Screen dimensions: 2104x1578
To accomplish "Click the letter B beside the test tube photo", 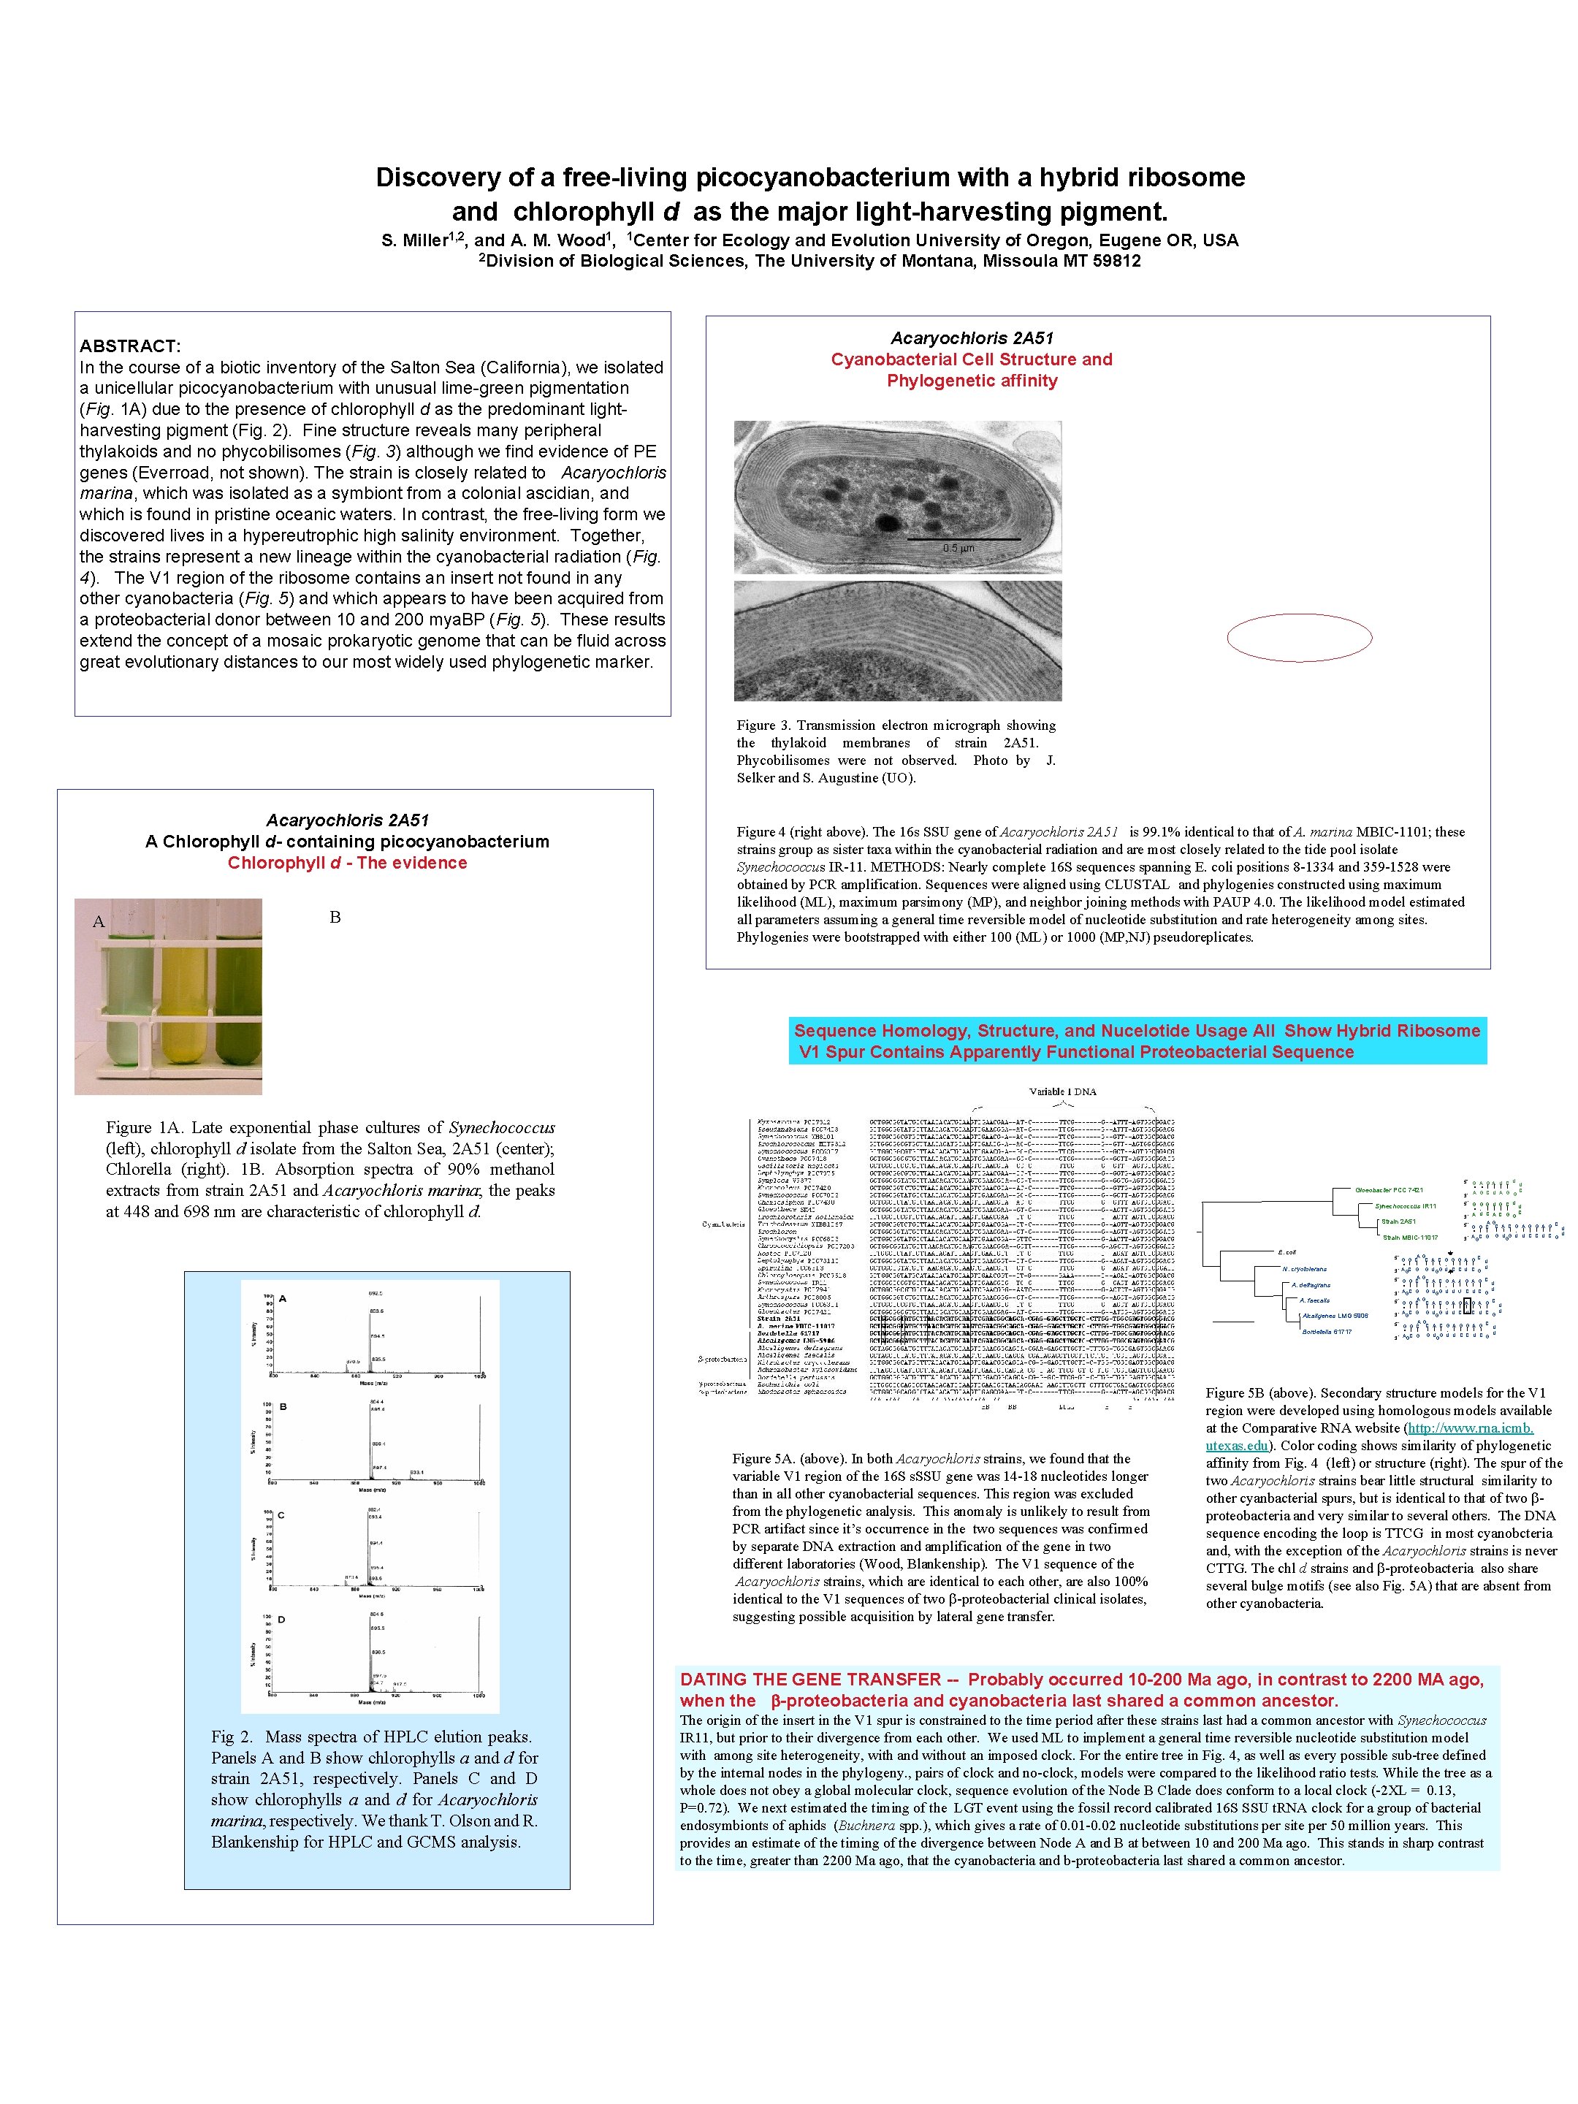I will pos(335,917).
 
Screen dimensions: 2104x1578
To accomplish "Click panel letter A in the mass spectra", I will pos(283,1298).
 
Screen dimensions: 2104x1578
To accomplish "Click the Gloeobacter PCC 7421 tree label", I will pos(1389,1190).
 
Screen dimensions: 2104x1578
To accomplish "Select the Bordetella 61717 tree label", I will pos(1326,1332).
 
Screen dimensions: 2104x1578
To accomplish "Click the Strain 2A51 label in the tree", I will pos(1398,1221).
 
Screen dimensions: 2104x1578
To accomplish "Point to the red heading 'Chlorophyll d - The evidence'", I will pos(347,863).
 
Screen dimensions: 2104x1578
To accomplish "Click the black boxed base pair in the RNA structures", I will pos(1465,1305).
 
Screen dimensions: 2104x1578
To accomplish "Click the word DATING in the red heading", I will pos(712,1679).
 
